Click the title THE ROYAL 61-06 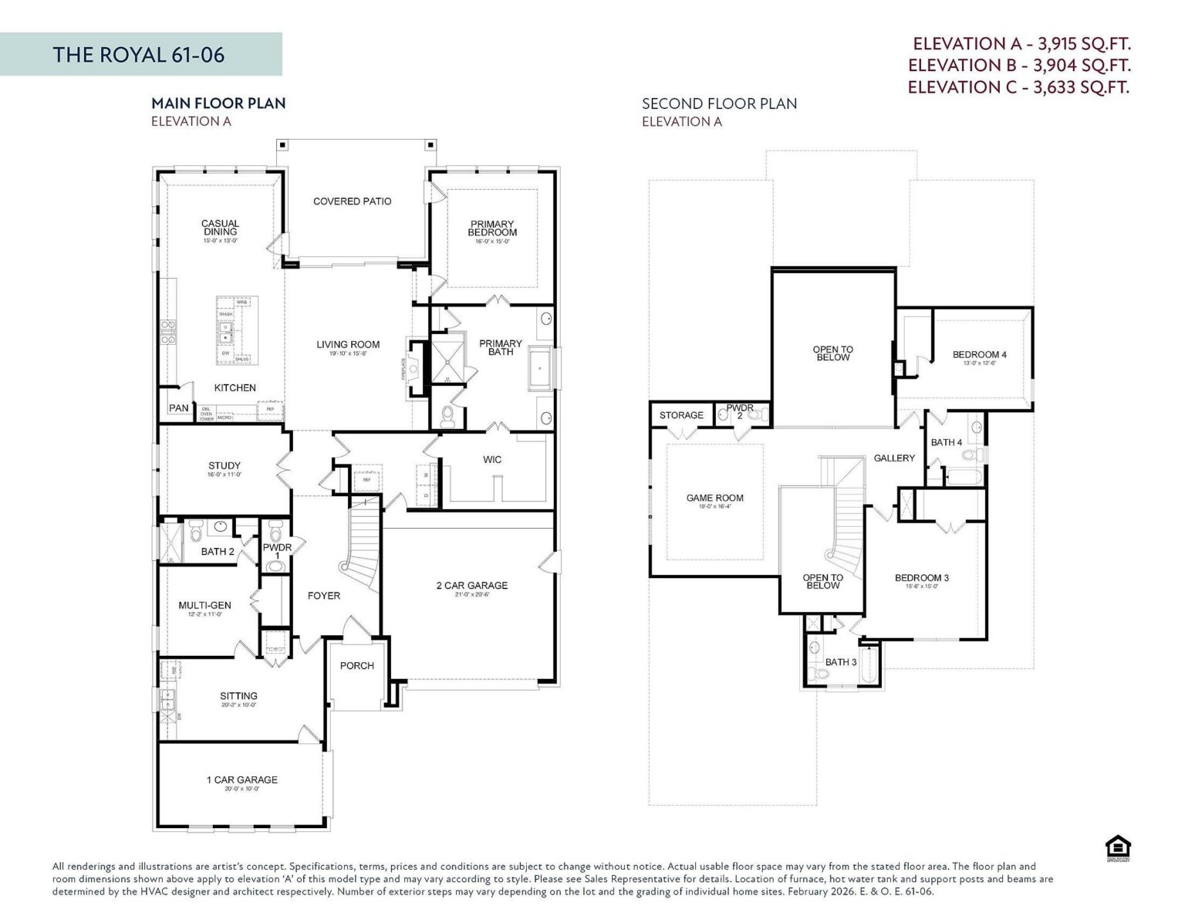pyautogui.click(x=139, y=55)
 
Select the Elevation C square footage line pyautogui.click(x=1018, y=87)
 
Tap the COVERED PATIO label pyautogui.click(x=352, y=201)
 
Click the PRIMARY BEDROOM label pyautogui.click(x=492, y=228)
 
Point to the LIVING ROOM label pyautogui.click(x=348, y=345)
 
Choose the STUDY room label pyautogui.click(x=225, y=466)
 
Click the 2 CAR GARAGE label pyautogui.click(x=472, y=586)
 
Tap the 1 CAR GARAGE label pyautogui.click(x=241, y=780)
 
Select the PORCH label pyautogui.click(x=357, y=666)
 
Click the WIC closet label pyautogui.click(x=492, y=460)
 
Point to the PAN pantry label pyautogui.click(x=179, y=408)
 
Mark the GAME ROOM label pyautogui.click(x=715, y=499)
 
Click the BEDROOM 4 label pyautogui.click(x=979, y=355)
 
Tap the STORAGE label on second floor pyautogui.click(x=681, y=415)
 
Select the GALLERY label pyautogui.click(x=894, y=458)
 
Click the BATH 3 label pyautogui.click(x=841, y=662)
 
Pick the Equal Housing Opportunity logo pyautogui.click(x=1113, y=847)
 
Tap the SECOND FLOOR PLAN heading pyautogui.click(x=719, y=103)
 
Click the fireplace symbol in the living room pyautogui.click(x=416, y=369)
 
